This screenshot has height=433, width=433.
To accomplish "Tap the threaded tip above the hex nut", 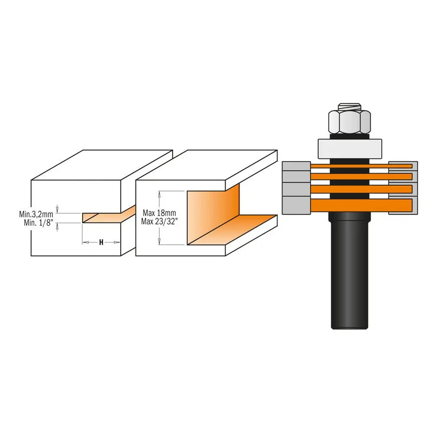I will pyautogui.click(x=350, y=106).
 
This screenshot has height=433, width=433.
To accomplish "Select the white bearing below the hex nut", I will pyautogui.click(x=350, y=149).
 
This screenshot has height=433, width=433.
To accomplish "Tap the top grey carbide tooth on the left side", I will pyautogui.click(x=296, y=166).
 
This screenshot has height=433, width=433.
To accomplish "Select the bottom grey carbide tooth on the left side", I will pyautogui.click(x=296, y=205).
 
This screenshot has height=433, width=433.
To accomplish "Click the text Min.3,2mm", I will pyautogui.click(x=36, y=214).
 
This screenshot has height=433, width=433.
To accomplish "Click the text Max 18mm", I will pyautogui.click(x=159, y=213).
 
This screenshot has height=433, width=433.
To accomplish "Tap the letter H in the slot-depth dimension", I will pyautogui.click(x=101, y=242).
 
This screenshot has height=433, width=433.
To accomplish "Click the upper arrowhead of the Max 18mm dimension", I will pyautogui.click(x=160, y=194).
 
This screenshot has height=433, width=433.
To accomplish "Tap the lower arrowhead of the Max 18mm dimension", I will pyautogui.click(x=160, y=242).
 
